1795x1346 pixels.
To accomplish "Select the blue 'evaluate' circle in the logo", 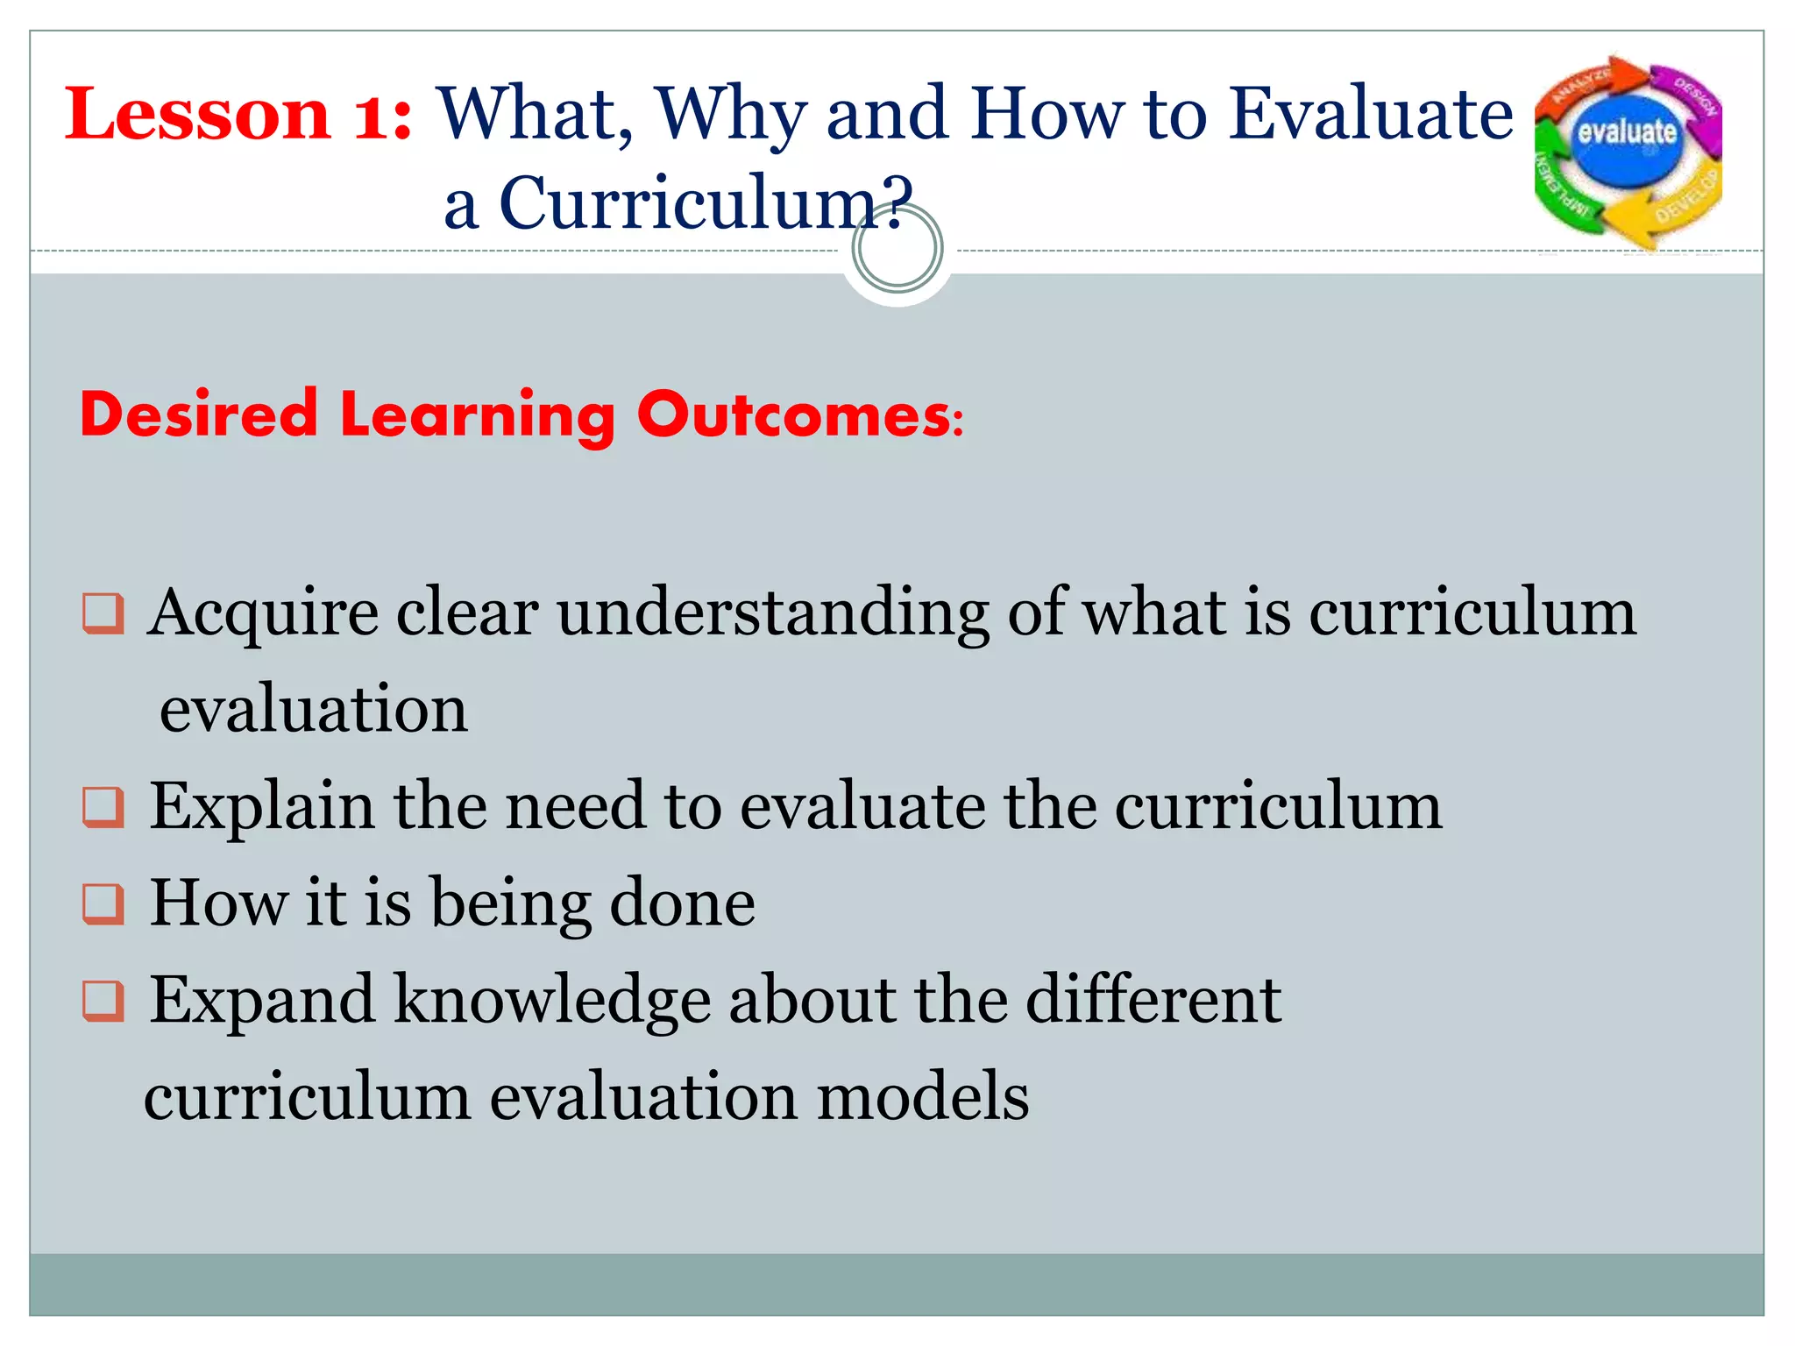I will [x=1627, y=135].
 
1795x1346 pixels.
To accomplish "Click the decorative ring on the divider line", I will [x=897, y=248].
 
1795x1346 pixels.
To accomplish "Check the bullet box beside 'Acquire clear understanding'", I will [x=103, y=613].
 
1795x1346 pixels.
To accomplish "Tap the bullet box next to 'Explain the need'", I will [x=103, y=807].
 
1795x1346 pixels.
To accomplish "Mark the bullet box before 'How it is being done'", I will [x=103, y=903].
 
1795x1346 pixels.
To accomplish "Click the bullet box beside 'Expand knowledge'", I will [x=103, y=1001].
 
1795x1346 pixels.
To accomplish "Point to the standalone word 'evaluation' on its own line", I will [x=314, y=710].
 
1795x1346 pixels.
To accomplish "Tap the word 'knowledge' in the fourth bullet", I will [x=552, y=1001].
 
